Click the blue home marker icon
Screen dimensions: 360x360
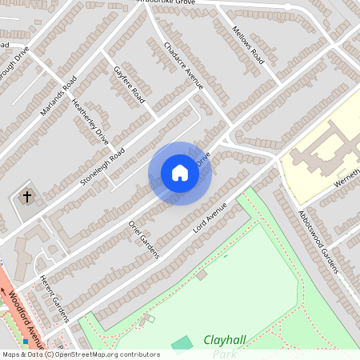(x=180, y=173)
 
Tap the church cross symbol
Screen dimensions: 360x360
(x=26, y=196)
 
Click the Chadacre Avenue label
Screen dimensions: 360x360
(x=184, y=65)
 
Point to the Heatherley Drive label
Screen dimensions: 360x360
(x=90, y=122)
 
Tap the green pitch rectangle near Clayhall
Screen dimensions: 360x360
(x=182, y=344)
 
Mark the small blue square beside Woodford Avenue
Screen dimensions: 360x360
(x=26, y=342)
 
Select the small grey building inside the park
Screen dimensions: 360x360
(x=202, y=275)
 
